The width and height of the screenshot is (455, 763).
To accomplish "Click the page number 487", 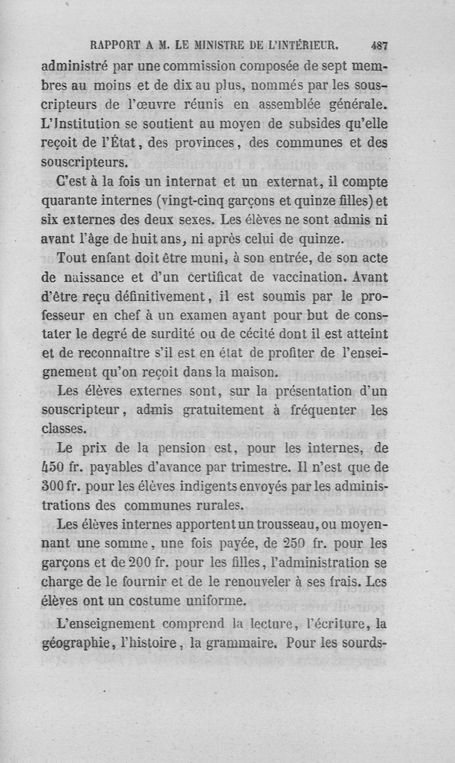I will [378, 46].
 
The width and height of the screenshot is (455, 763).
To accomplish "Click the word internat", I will [187, 182].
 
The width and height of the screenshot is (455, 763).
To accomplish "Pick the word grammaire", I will [237, 645].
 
